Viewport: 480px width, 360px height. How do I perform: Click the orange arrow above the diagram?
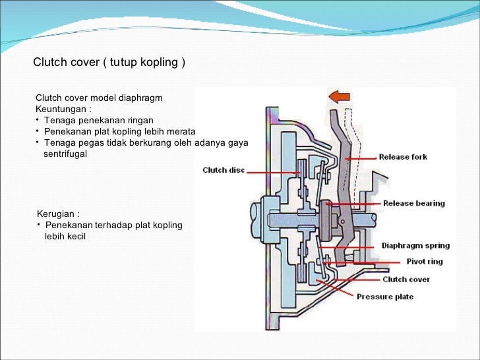point(338,97)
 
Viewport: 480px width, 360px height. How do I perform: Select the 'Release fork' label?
point(403,157)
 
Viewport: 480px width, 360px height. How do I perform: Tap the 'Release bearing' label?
point(414,203)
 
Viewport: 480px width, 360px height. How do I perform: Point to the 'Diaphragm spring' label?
point(415,246)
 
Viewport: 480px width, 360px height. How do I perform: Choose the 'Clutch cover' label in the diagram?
point(406,280)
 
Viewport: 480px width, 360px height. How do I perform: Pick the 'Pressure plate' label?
point(385,297)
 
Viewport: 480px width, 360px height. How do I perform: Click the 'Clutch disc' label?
point(224,170)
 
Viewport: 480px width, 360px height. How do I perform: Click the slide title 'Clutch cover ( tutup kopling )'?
point(109,63)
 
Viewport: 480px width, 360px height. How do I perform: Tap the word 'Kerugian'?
point(58,214)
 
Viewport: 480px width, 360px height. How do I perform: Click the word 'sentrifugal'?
point(65,154)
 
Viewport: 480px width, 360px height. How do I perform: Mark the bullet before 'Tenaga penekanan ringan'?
point(38,120)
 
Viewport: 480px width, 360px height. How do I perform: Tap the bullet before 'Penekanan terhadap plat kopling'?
point(38,225)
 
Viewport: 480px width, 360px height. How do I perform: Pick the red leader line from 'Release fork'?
point(359,158)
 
